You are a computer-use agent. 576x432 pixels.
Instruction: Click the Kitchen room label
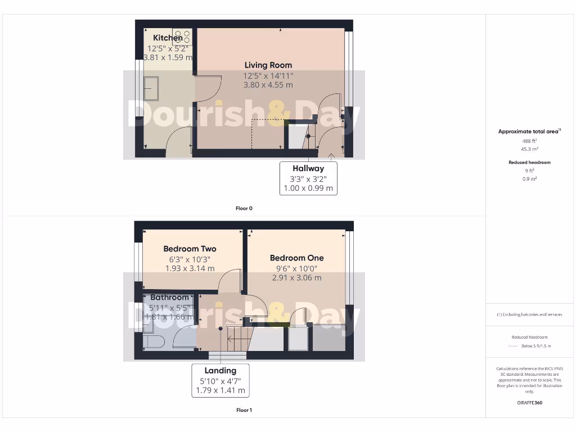click(168, 38)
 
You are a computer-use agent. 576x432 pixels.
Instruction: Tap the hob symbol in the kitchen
click(182, 37)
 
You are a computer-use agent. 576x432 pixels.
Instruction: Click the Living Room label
click(268, 65)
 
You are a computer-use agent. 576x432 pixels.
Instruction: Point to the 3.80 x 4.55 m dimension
click(268, 85)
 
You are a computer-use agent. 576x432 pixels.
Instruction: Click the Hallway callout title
click(308, 168)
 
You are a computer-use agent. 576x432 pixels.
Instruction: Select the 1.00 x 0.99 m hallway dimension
click(308, 188)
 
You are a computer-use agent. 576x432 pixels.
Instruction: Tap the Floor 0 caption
click(244, 208)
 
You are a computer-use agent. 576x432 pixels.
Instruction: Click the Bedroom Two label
click(190, 249)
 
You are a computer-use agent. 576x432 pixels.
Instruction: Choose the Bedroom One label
click(297, 258)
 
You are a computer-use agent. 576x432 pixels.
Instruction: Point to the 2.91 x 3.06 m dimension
click(297, 278)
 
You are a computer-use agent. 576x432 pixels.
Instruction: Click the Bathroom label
click(169, 297)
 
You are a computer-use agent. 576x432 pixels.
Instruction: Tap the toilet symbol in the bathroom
click(152, 340)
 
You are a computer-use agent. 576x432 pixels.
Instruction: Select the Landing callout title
click(220, 371)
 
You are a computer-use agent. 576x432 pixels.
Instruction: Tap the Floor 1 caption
click(244, 410)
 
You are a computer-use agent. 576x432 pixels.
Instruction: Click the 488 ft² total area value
click(529, 141)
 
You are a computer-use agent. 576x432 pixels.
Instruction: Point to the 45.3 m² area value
click(529, 149)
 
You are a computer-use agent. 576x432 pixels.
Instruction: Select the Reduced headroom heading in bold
click(529, 162)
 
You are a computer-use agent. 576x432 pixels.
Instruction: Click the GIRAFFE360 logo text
click(529, 403)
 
